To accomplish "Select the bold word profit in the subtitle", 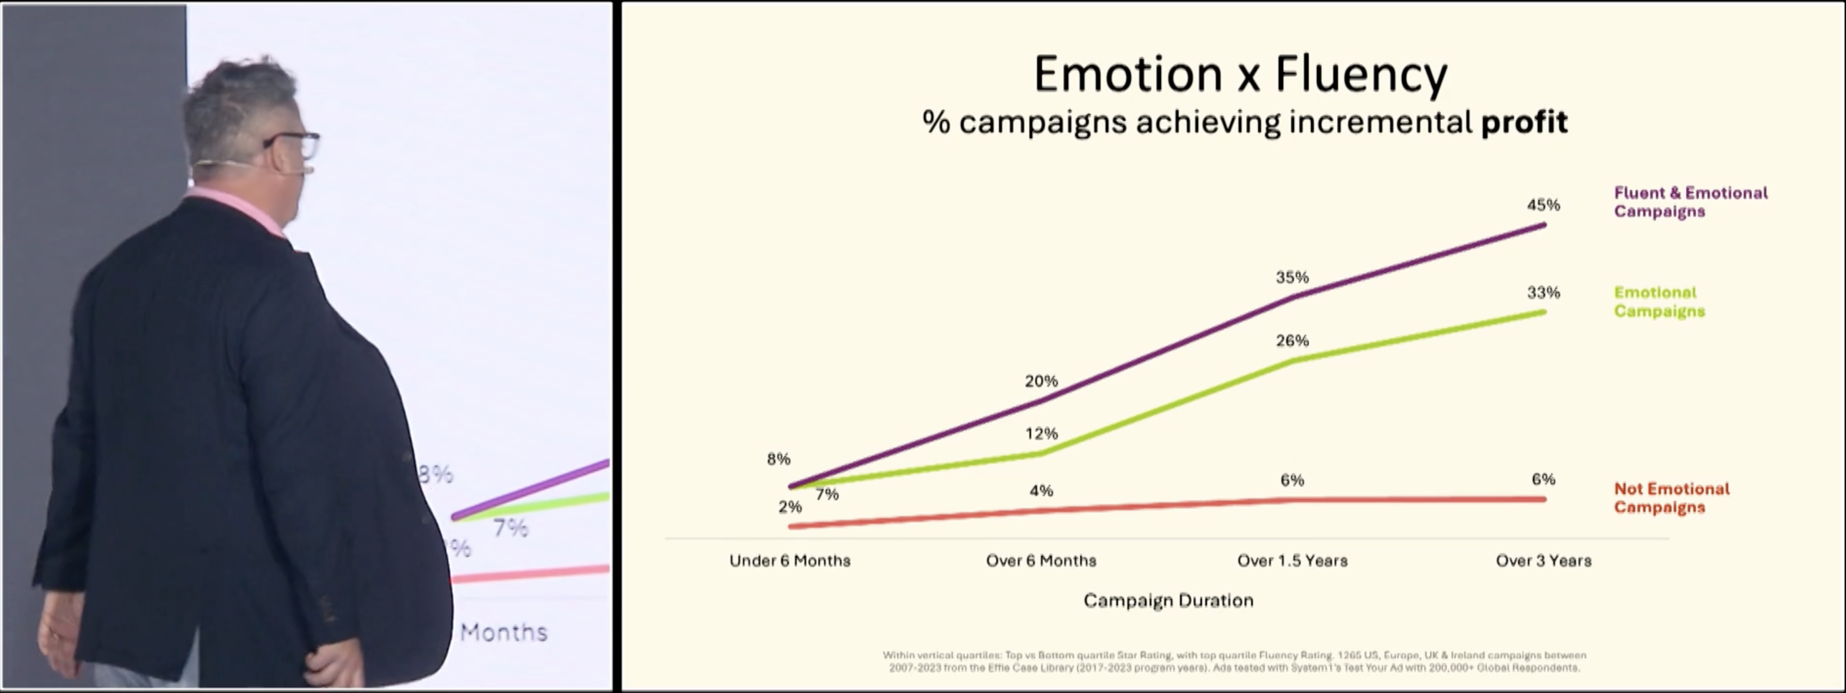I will pyautogui.click(x=1524, y=123).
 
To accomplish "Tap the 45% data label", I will pyautogui.click(x=1543, y=205).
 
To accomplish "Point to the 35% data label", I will pyautogui.click(x=1292, y=277).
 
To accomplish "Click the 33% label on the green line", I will pyautogui.click(x=1543, y=292).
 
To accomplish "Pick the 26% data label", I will pyautogui.click(x=1292, y=341).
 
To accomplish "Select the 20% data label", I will pyautogui.click(x=1041, y=381).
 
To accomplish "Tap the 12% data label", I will pyautogui.click(x=1041, y=433).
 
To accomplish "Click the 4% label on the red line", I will pyautogui.click(x=1041, y=491).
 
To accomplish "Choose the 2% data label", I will pyautogui.click(x=790, y=507).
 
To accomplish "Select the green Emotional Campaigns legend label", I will pyautogui.click(x=1658, y=302).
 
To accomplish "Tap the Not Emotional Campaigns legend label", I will pyautogui.click(x=1671, y=498).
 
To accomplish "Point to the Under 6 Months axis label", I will pyautogui.click(x=790, y=561).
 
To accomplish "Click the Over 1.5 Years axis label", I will pyautogui.click(x=1292, y=561).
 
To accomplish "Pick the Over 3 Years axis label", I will pyautogui.click(x=1543, y=561).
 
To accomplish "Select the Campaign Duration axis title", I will pyautogui.click(x=1168, y=601).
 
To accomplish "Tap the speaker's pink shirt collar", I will pyautogui.click(x=237, y=206).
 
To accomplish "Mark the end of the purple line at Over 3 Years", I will pyautogui.click(x=1543, y=225).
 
